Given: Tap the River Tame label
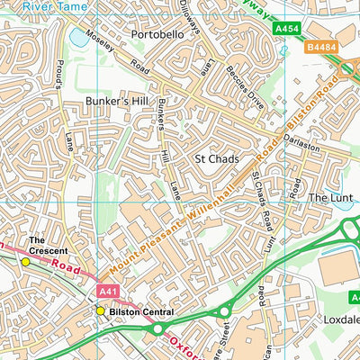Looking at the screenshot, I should point(49,5).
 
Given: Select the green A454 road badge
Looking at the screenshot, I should point(285,30).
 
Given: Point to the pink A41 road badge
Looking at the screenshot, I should point(108,291).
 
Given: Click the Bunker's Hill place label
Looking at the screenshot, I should point(114,102).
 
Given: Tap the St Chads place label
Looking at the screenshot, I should point(216,157).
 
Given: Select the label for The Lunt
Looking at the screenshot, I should point(328,197).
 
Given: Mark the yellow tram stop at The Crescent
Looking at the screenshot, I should point(25,262).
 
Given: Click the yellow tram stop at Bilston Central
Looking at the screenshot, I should point(101,311).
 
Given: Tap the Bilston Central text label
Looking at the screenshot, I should point(140,311).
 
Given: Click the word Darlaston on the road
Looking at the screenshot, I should point(301,145).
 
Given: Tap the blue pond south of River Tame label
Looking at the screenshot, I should point(79,39).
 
